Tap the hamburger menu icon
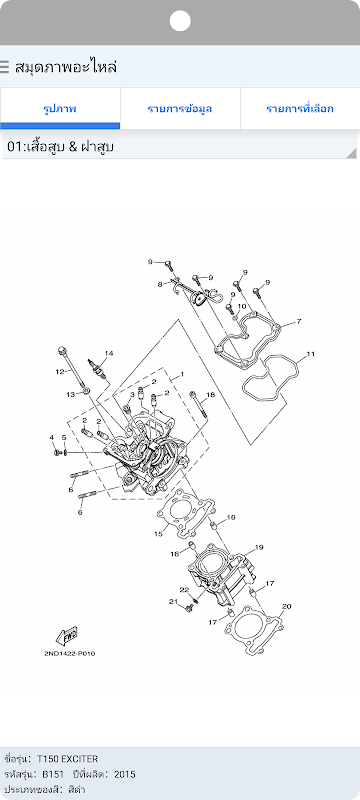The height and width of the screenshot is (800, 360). pyautogui.click(x=5, y=67)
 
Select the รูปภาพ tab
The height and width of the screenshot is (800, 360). pyautogui.click(x=60, y=109)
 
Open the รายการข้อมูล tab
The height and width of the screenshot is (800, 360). pyautogui.click(x=180, y=109)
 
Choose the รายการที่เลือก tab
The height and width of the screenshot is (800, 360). pyautogui.click(x=300, y=109)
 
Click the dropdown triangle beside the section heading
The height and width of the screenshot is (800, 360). pyautogui.click(x=352, y=154)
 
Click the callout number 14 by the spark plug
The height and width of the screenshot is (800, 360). pyautogui.click(x=109, y=353)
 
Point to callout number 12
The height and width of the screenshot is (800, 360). pyautogui.click(x=59, y=371)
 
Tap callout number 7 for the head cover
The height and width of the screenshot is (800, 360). pyautogui.click(x=299, y=321)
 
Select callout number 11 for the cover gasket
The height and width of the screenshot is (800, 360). pyautogui.click(x=311, y=353)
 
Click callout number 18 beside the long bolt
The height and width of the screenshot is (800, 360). pyautogui.click(x=211, y=394)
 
